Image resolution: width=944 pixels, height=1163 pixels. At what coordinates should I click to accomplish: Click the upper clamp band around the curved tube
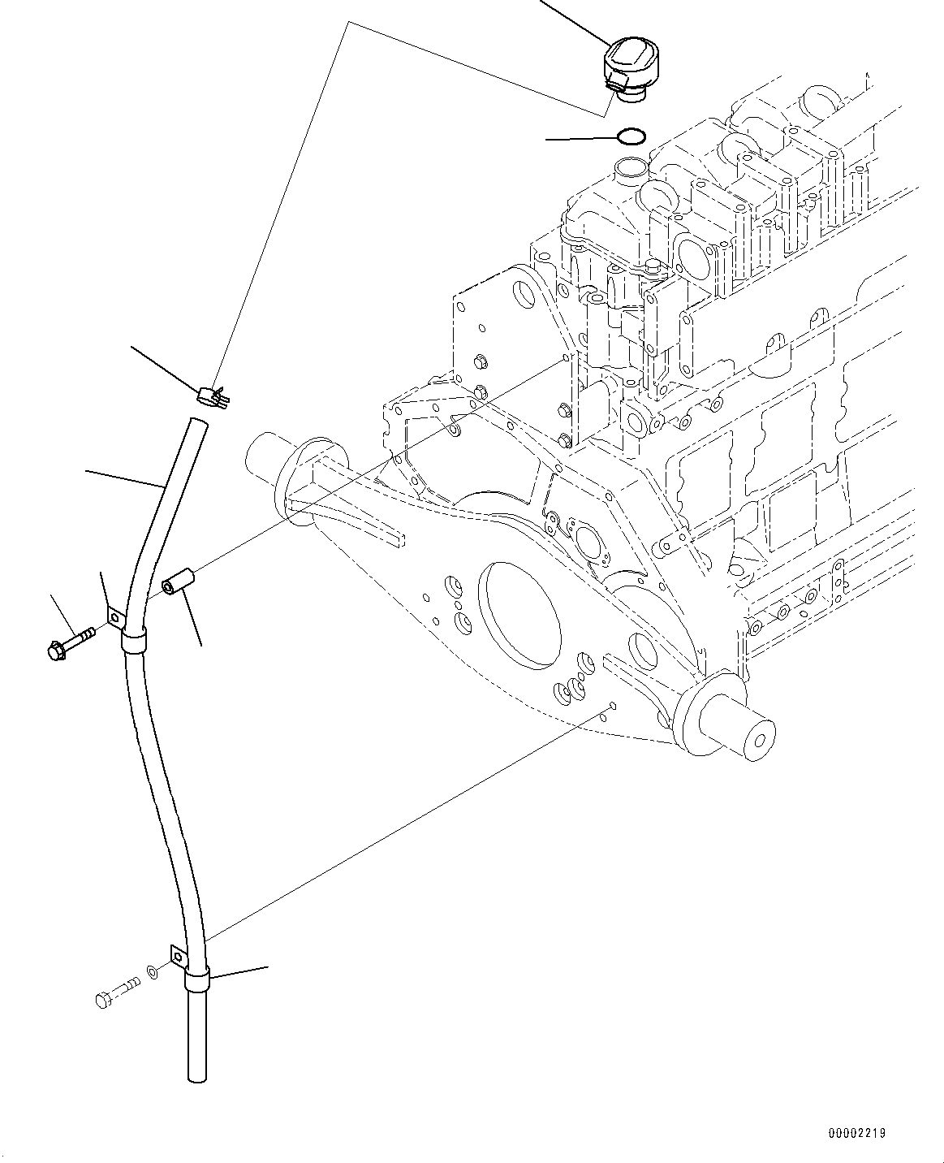click(x=135, y=644)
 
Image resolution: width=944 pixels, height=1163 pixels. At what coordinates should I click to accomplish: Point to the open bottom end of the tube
click(x=197, y=1077)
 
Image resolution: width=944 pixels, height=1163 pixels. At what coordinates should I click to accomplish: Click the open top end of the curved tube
click(x=195, y=421)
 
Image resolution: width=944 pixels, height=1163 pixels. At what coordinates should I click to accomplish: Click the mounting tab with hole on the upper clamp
click(x=115, y=619)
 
